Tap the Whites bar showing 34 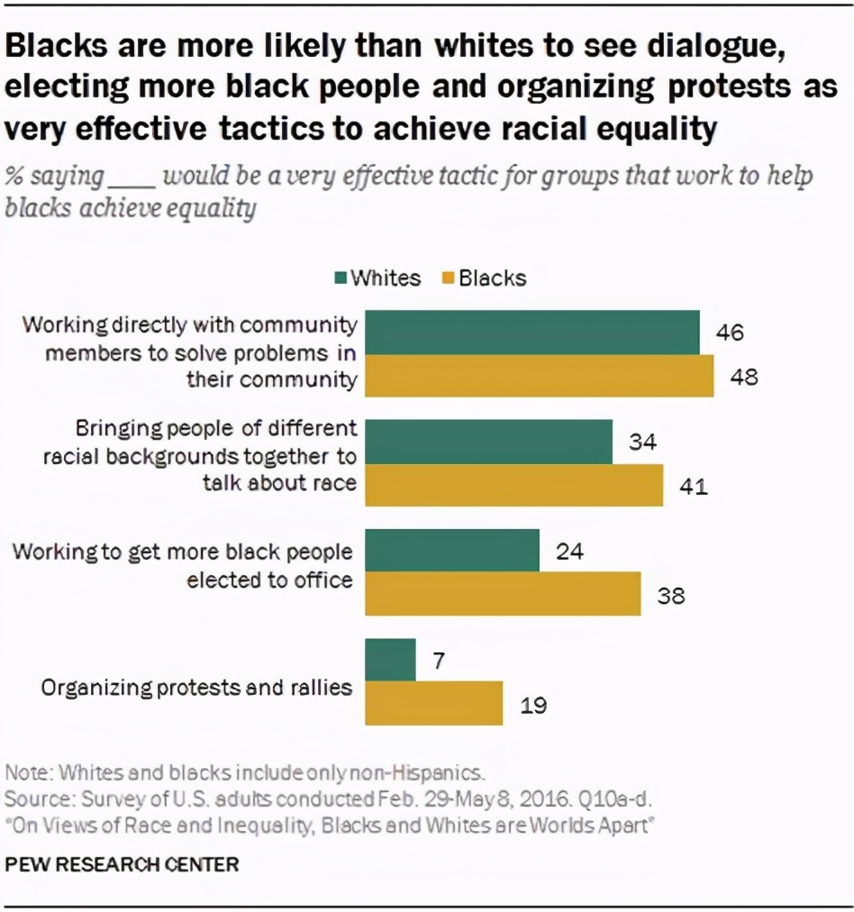[x=488, y=441]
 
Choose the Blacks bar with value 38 [x=503, y=594]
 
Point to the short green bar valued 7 [x=390, y=660]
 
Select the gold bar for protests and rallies [x=433, y=703]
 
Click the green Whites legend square [x=340, y=278]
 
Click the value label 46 [x=730, y=333]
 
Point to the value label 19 [x=533, y=704]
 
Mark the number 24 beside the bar [x=569, y=550]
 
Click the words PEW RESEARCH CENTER [x=123, y=864]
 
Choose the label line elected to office [x=269, y=579]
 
